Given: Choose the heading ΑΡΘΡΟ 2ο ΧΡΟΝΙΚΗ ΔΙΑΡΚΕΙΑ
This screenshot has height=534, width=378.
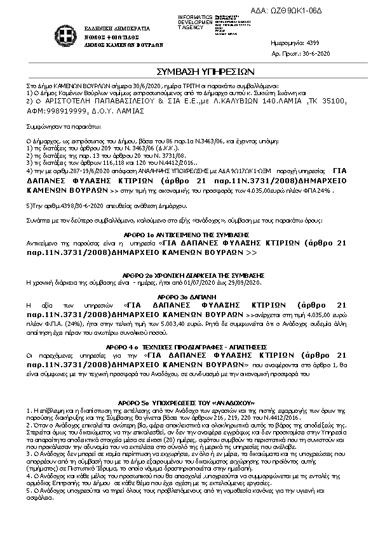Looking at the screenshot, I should pos(189,275).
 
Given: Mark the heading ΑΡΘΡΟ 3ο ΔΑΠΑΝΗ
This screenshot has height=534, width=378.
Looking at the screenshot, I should pos(189,296).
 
